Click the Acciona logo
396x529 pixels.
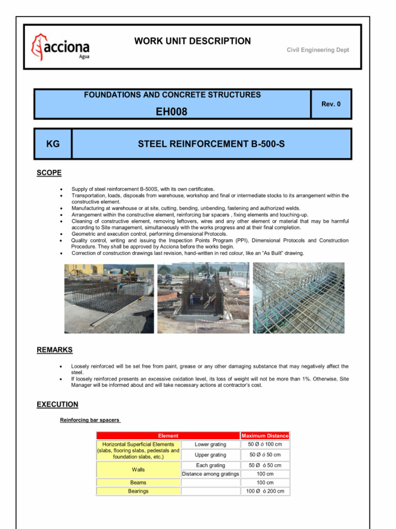tap(60, 47)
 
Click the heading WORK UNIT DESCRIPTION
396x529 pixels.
tap(192, 41)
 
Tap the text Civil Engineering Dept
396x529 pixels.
tap(318, 50)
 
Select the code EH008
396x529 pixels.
tap(172, 112)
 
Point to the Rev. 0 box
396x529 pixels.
tap(331, 104)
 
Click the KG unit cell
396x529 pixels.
tap(53, 144)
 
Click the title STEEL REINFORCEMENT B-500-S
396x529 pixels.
tap(211, 144)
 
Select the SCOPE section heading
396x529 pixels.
tap(49, 173)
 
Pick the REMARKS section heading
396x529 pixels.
tap(54, 350)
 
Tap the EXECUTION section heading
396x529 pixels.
tap(57, 404)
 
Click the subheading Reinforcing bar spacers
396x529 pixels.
tap(90, 421)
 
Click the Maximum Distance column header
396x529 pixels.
tap(265, 435)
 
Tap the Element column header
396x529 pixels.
tap(168, 435)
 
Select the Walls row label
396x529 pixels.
tap(138, 470)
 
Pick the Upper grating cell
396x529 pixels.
tap(210, 455)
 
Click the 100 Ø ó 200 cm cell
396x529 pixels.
tap(265, 491)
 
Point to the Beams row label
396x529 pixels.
tap(138, 483)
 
